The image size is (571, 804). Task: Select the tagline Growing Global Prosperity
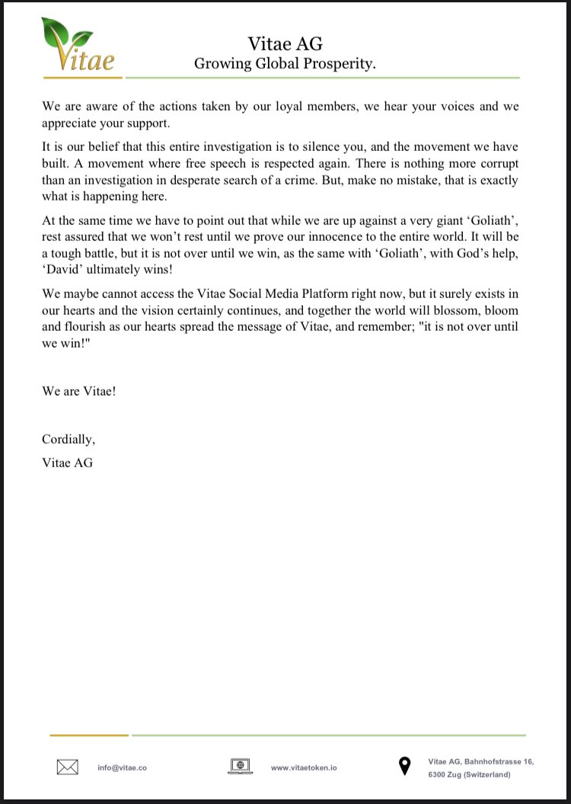285,64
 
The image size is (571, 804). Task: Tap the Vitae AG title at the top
285,44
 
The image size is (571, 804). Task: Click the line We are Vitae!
78,391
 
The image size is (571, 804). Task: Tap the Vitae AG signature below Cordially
67,462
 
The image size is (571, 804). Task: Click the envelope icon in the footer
68,767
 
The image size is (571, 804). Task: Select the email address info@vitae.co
122,767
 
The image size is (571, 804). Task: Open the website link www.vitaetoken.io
304,767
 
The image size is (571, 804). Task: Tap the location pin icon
404,767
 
